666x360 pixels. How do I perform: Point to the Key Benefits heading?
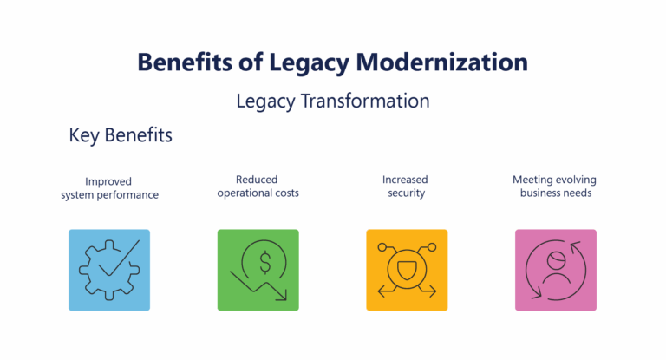coord(121,136)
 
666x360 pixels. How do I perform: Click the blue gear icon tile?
coord(109,270)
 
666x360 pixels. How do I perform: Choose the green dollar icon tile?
coord(258,270)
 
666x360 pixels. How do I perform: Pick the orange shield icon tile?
coord(407,270)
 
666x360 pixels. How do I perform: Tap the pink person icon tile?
coord(556,270)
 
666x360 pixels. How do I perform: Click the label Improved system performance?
coord(109,187)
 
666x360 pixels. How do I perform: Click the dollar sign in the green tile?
coord(265,260)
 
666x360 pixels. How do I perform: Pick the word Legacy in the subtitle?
coord(265,101)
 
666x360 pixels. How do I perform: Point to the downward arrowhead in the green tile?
coord(281,297)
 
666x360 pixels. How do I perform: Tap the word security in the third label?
coord(405,193)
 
